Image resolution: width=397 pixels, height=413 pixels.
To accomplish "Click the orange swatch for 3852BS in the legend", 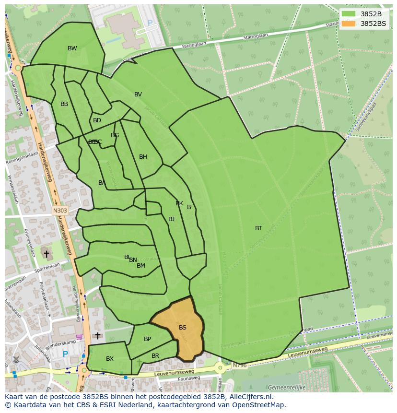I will pyautogui.click(x=349, y=23).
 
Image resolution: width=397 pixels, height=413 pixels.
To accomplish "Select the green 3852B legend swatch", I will pyautogui.click(x=349, y=14).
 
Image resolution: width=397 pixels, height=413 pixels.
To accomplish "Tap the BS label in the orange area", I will pyautogui.click(x=183, y=328).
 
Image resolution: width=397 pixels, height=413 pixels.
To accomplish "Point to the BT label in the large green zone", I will pyautogui.click(x=258, y=228).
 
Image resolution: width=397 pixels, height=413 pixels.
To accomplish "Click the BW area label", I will pyautogui.click(x=72, y=48).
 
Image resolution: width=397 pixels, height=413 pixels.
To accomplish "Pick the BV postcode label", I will pyautogui.click(x=138, y=94).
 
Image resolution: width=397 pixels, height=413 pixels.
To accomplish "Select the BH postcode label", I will pyautogui.click(x=143, y=157).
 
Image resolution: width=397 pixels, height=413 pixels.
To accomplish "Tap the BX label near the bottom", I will pyautogui.click(x=110, y=359).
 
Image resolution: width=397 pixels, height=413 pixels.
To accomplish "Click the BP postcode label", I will pyautogui.click(x=147, y=339).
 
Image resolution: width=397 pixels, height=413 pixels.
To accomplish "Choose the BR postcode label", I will pyautogui.click(x=155, y=356).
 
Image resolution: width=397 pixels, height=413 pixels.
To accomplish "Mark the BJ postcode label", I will pyautogui.click(x=171, y=219).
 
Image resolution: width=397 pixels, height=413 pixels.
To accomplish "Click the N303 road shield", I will pyautogui.click(x=60, y=210).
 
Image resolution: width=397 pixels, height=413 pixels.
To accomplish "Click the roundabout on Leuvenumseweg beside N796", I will pyautogui.click(x=220, y=368).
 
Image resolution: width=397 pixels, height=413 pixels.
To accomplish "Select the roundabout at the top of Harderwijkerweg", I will pyautogui.click(x=18, y=68).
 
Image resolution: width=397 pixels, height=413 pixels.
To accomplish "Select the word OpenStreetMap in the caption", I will pyautogui.click(x=259, y=405).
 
